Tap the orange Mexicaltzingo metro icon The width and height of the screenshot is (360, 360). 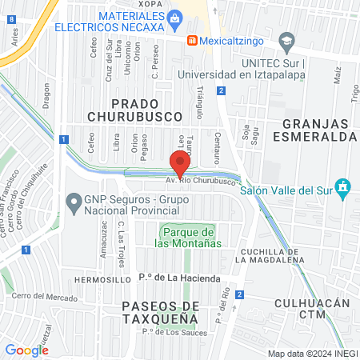pyautogui.click(x=192, y=40)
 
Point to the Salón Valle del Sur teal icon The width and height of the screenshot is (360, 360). pyautogui.click(x=343, y=188)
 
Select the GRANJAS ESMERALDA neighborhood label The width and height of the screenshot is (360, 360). pyautogui.click(x=318, y=130)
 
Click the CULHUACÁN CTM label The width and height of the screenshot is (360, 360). pyautogui.click(x=312, y=309)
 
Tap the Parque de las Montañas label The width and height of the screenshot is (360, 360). pyautogui.click(x=187, y=237)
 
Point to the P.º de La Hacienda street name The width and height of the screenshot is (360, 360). pyautogui.click(x=178, y=278)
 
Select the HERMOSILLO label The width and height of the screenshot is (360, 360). pyautogui.click(x=102, y=280)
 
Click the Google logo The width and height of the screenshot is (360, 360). pyautogui.click(x=26, y=350)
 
